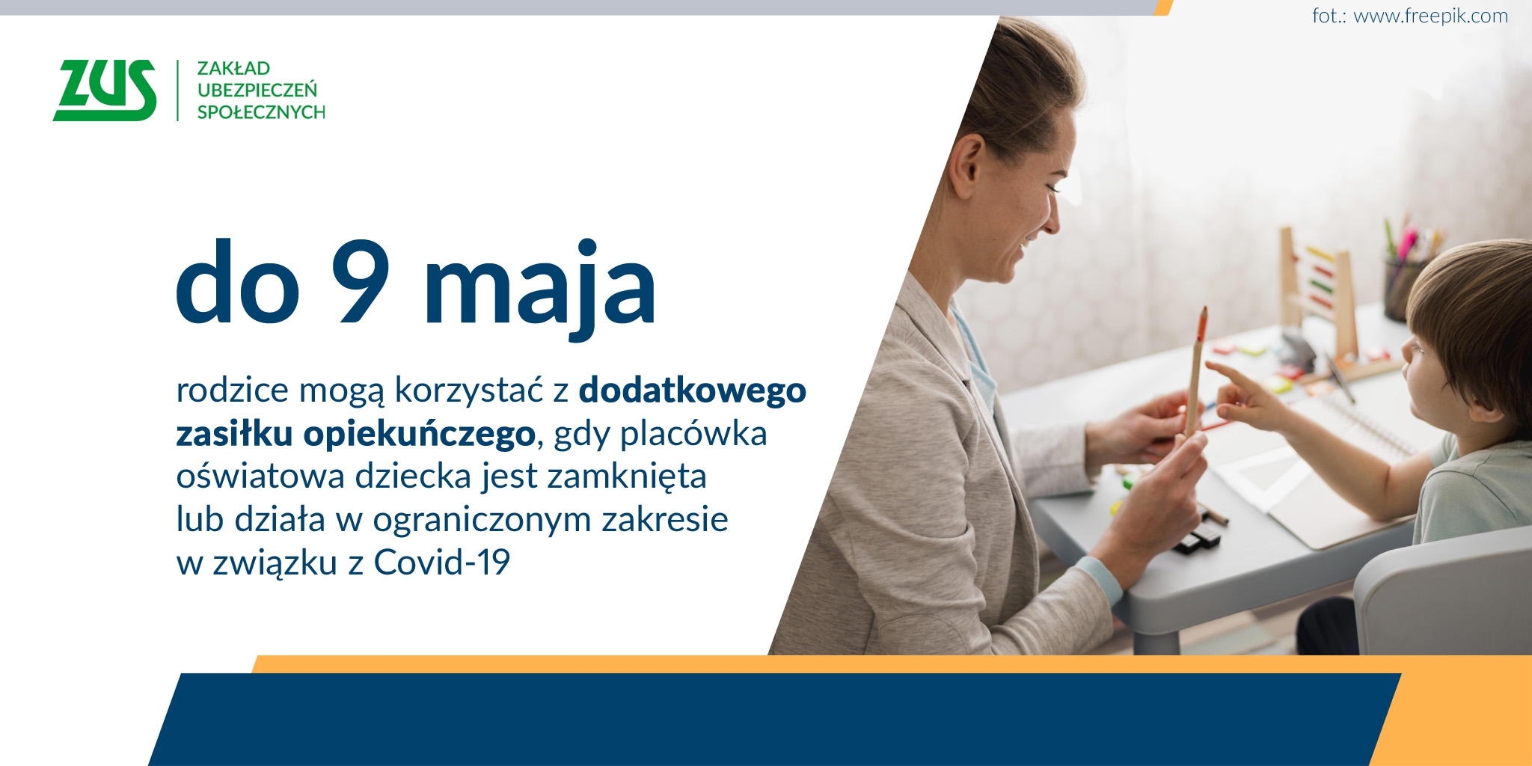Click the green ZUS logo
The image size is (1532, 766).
105,90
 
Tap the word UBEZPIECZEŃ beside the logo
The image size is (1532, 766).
257,90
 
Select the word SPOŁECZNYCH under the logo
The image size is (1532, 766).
261,112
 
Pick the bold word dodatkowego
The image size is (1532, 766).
693,390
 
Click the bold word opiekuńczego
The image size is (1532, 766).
420,434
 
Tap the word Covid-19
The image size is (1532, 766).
441,563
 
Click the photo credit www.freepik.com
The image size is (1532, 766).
1430,16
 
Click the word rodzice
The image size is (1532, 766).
233,390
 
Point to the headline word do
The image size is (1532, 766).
238,283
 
